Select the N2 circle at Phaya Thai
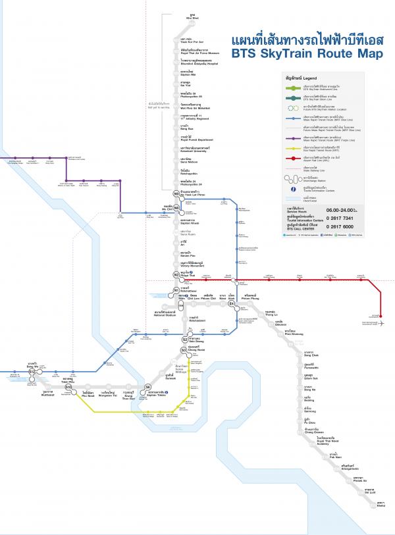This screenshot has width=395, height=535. point(176,274)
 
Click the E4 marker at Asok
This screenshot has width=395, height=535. point(232,304)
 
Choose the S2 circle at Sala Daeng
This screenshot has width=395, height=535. point(184,340)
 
